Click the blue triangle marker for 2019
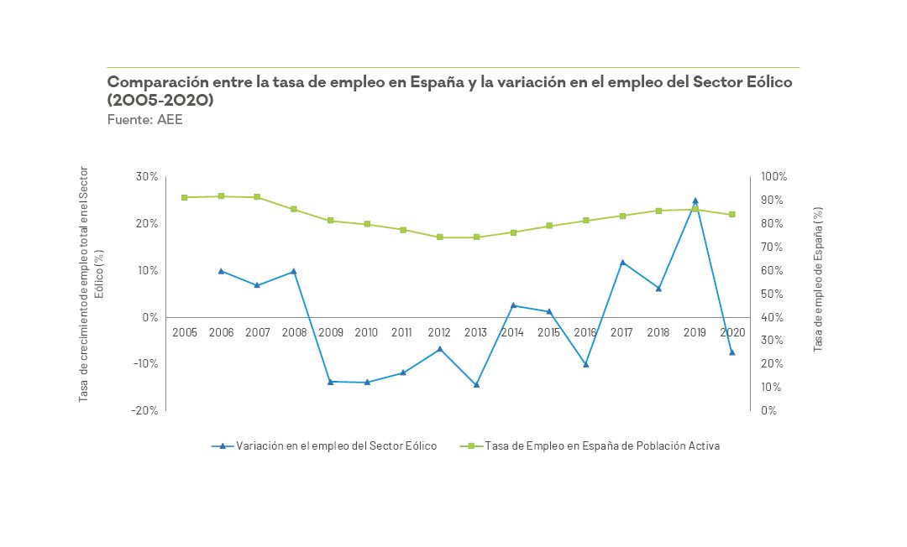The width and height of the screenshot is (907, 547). coord(695,201)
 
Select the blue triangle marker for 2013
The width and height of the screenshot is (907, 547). coord(476,385)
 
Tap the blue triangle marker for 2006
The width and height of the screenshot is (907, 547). coord(221,271)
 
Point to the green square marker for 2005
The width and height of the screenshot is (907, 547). coord(185,197)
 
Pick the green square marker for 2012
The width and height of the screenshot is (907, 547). coord(439,237)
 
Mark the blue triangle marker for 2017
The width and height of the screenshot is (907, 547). coord(621,263)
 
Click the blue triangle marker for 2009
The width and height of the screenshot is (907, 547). coord(330,382)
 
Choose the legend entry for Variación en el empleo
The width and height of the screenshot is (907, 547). coord(324,446)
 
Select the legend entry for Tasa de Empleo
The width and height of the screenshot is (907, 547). coord(591,446)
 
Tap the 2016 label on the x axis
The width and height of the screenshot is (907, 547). coord(585,332)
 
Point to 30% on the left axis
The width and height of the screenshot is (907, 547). coord(148,177)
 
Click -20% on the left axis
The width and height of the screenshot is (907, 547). coord(145,410)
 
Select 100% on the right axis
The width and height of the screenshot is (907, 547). coord(773,177)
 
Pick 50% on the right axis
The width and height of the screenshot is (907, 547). coord(772,294)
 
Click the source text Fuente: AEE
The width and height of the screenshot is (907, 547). coord(144,120)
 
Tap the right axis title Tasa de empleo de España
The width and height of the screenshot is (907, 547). coord(818,280)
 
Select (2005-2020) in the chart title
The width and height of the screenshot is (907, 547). coord(160,100)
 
